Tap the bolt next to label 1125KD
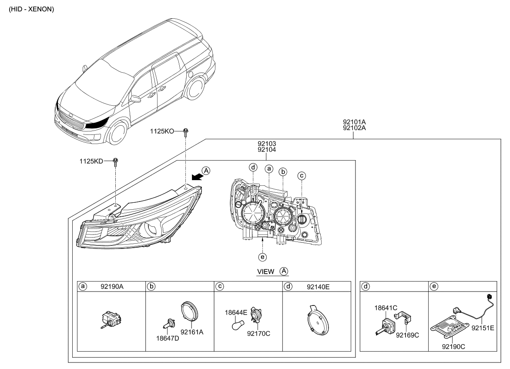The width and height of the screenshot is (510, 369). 115,162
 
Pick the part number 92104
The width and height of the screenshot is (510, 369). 267,149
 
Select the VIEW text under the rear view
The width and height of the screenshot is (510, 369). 265,272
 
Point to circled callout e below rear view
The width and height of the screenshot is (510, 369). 262,257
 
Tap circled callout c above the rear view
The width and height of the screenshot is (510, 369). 302,176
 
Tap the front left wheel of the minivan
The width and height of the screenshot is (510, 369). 117,132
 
